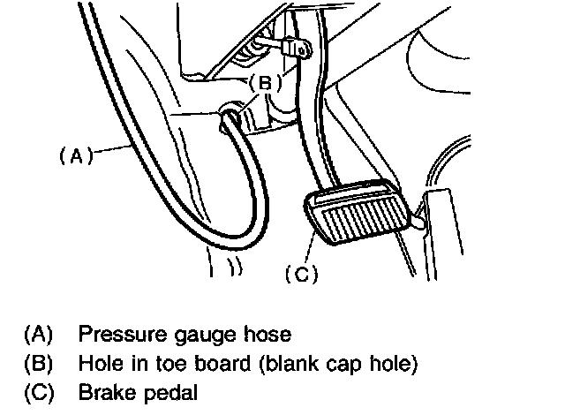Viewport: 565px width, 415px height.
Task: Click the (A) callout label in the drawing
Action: pos(76,156)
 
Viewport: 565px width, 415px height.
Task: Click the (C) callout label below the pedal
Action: pos(301,275)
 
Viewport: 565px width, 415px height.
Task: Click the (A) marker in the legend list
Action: pos(39,335)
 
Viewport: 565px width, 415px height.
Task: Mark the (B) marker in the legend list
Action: pos(39,364)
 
